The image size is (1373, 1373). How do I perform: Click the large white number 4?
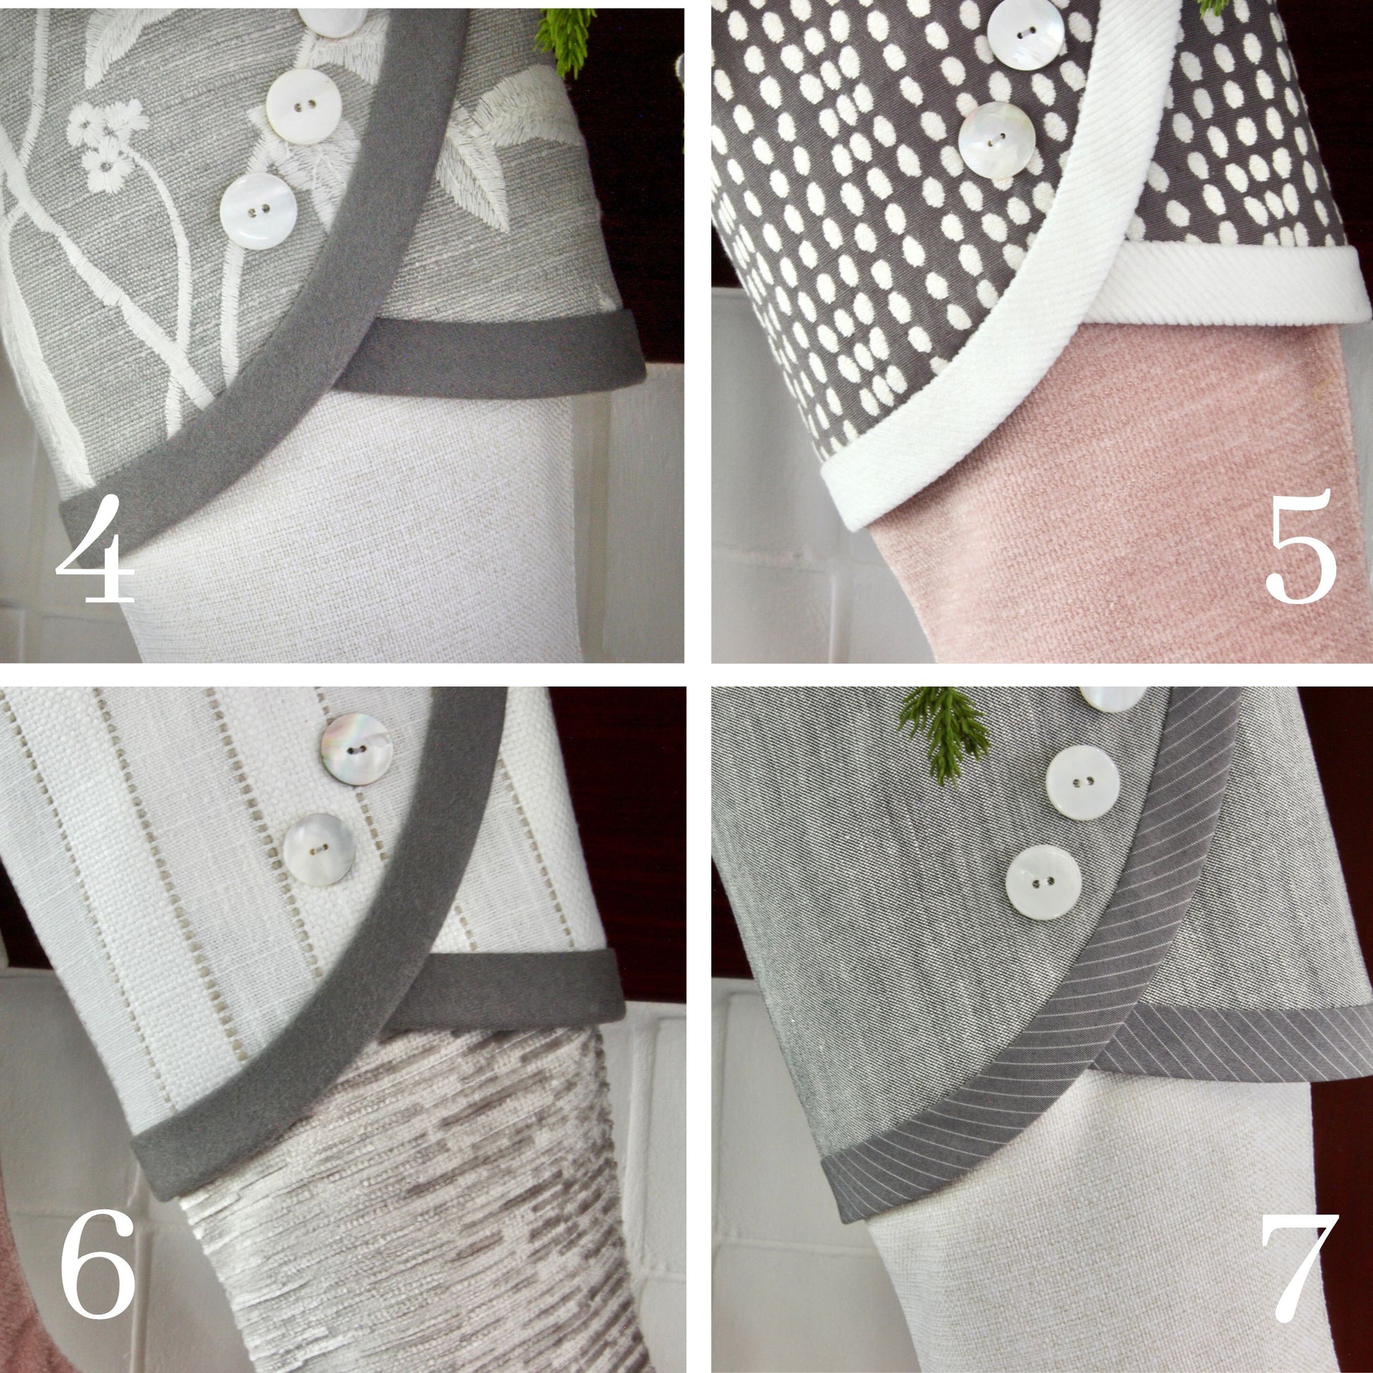[x=96, y=549]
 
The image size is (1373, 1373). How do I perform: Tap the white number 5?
[x=1301, y=547]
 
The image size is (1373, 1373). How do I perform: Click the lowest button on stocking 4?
[x=258, y=210]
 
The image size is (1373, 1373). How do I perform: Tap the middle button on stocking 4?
[x=304, y=107]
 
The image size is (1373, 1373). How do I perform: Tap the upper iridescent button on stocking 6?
[x=356, y=749]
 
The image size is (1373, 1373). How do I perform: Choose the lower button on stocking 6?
[x=319, y=849]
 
